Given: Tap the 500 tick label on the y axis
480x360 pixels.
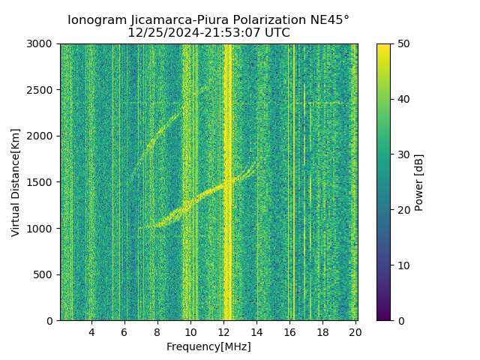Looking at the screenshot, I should click(46, 274).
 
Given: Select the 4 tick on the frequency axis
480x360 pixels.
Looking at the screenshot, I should click(91, 332).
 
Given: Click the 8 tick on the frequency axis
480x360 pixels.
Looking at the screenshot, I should click(157, 332).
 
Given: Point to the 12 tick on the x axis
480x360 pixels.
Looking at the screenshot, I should click(223, 332).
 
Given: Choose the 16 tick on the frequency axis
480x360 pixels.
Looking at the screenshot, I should click(289, 332).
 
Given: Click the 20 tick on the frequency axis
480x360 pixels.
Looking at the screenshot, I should click(355, 332).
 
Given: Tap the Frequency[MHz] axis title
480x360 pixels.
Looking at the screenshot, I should click(208, 346).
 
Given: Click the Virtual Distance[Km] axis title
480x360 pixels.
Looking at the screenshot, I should click(16, 182).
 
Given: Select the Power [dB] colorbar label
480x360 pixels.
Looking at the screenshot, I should click(419, 182).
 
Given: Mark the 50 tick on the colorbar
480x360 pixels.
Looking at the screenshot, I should click(403, 44).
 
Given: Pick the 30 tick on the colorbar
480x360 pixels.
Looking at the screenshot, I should click(403, 154).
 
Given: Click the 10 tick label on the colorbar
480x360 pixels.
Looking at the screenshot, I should click(403, 265).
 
